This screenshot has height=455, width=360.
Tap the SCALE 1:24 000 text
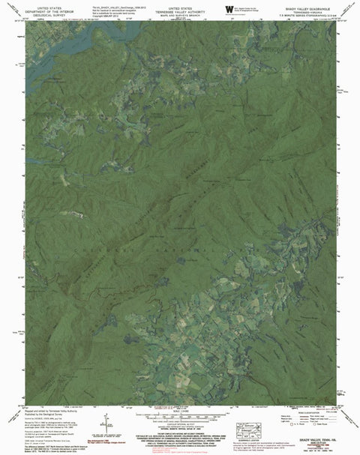pos(180,409)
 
